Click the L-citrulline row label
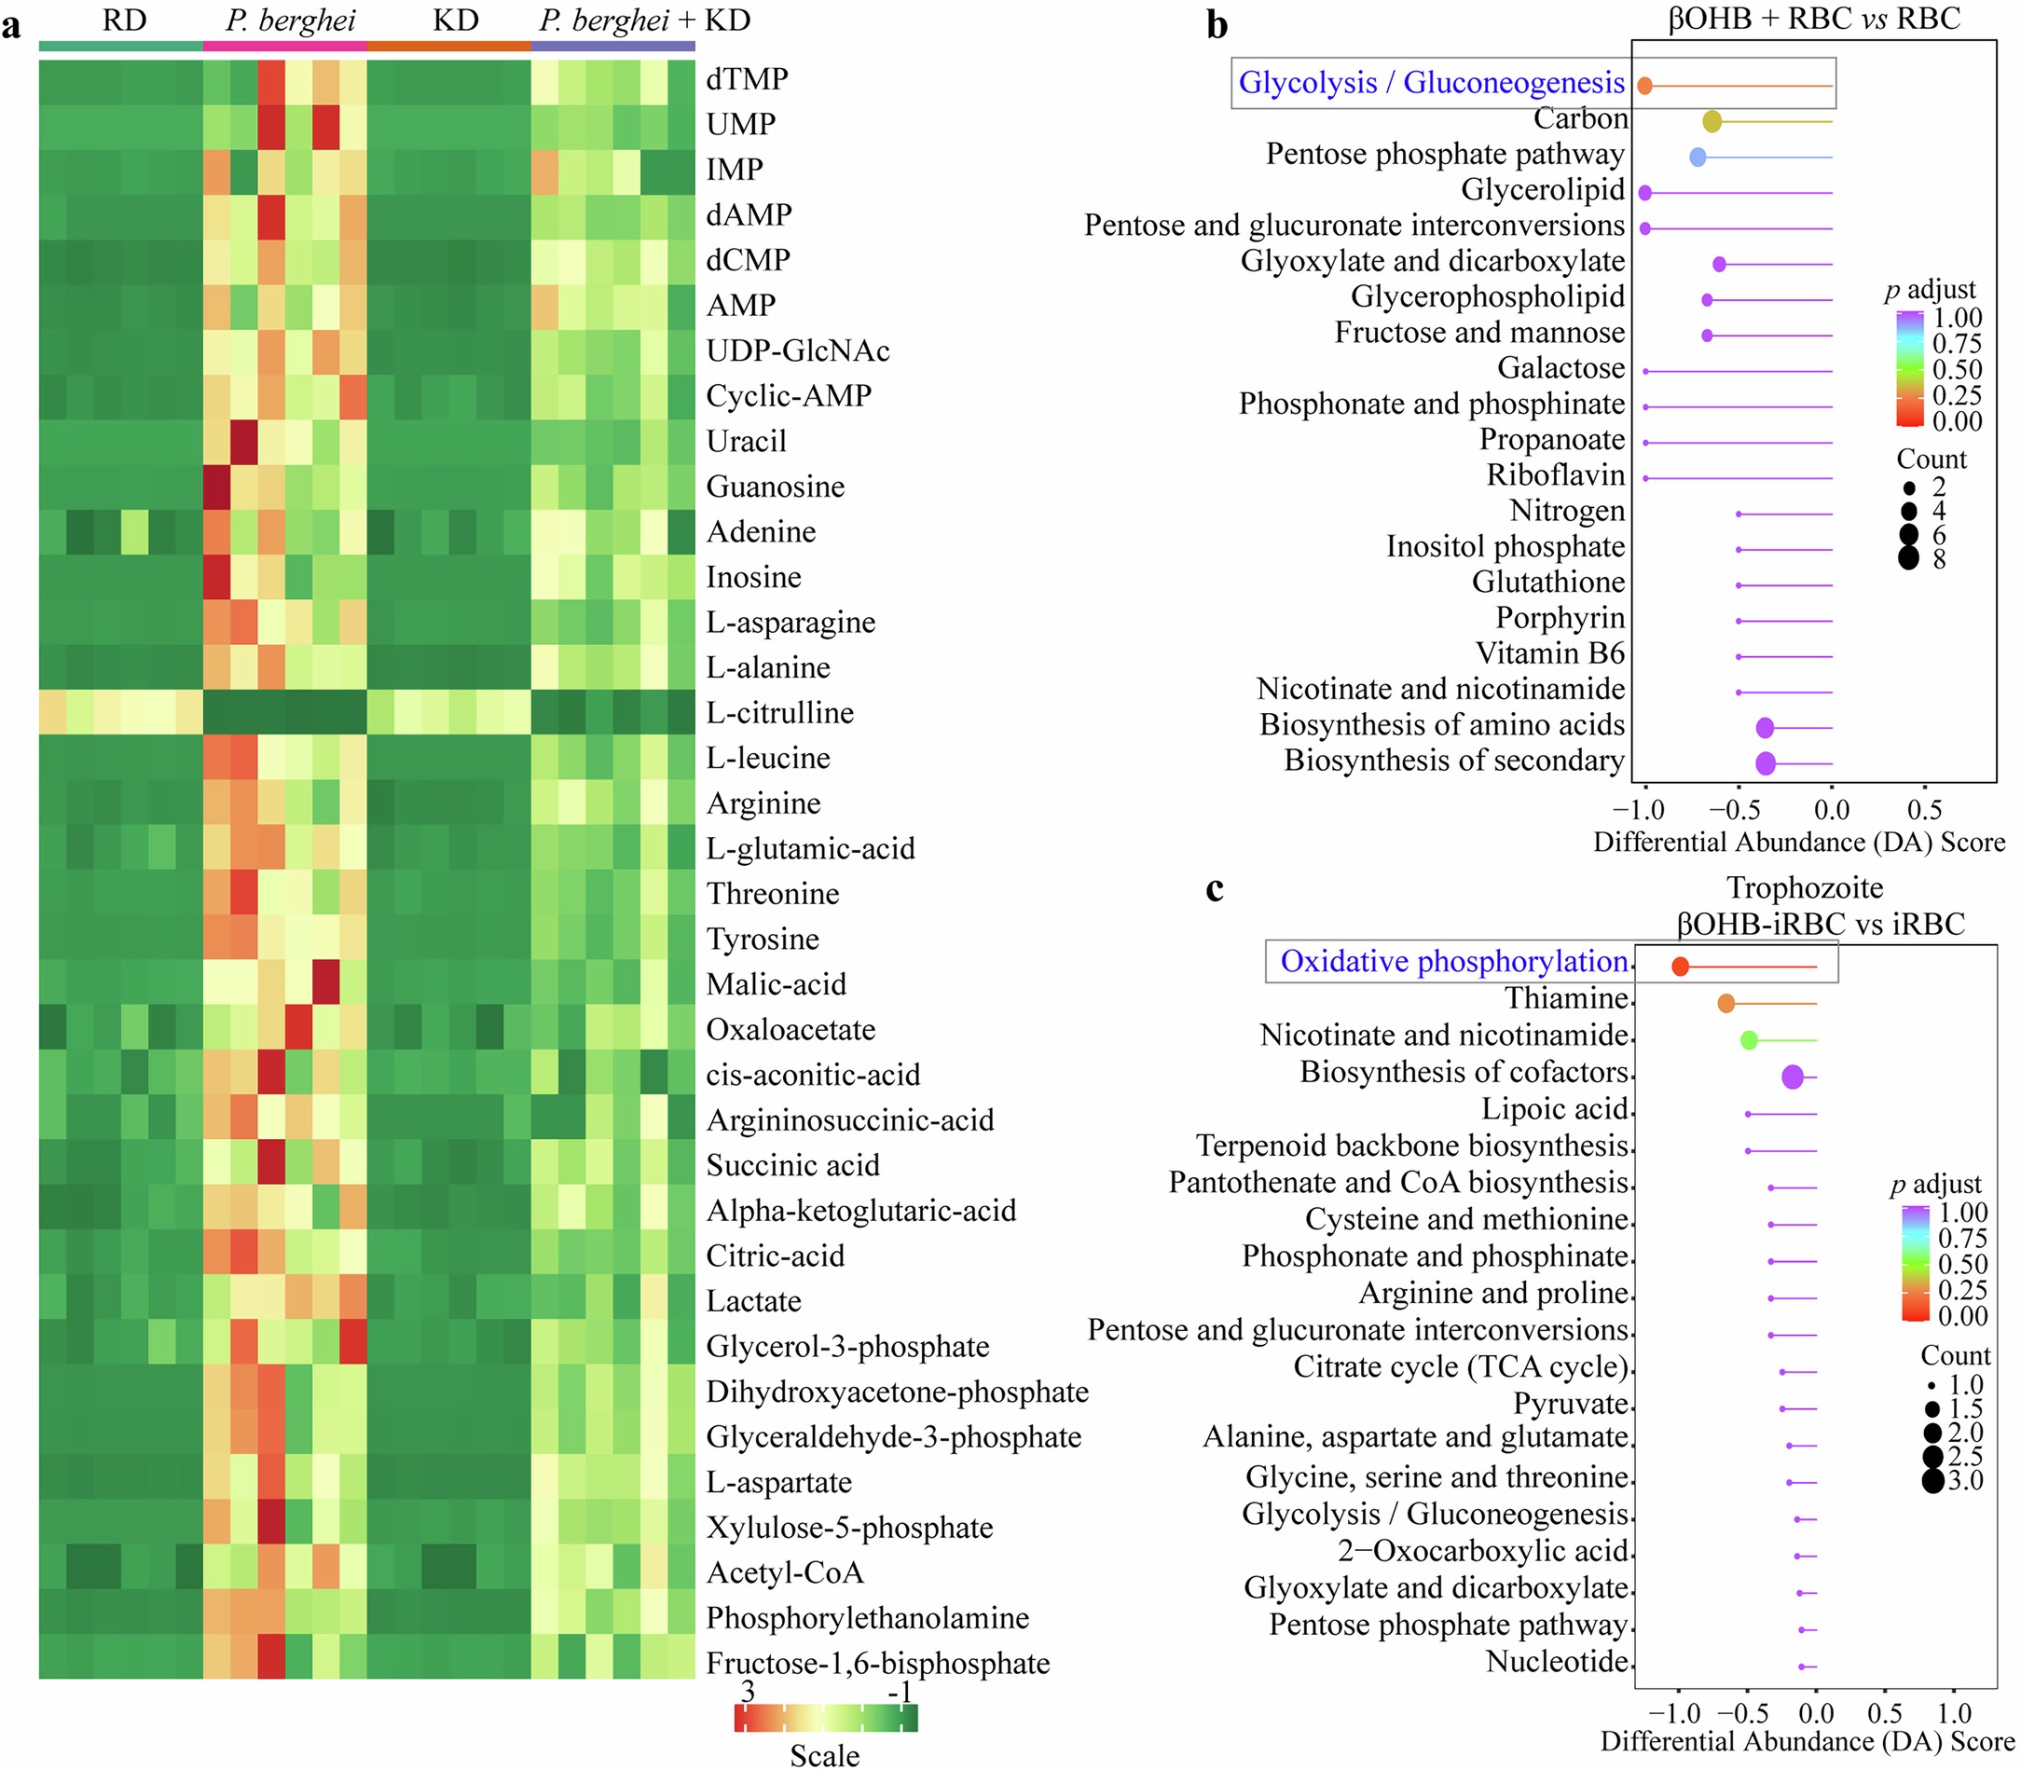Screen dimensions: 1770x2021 point(779,712)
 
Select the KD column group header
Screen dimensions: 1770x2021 point(455,20)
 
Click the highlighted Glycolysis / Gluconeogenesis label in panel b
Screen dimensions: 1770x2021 point(1431,83)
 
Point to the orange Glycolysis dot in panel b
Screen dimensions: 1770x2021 point(1644,86)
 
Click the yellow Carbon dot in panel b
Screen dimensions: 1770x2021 point(1712,121)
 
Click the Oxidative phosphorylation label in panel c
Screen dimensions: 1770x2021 point(1454,961)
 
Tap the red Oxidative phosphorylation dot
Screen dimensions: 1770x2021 point(1680,967)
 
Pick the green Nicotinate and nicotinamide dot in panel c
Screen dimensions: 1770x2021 point(1749,1040)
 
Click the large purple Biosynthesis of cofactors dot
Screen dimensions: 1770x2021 point(1793,1077)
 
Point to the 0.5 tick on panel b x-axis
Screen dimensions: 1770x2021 point(1924,810)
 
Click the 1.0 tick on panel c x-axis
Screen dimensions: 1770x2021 point(1954,1714)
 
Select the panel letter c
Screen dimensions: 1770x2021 point(1215,889)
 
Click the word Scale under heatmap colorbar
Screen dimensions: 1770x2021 point(825,1754)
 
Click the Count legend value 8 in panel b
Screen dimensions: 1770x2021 point(1939,559)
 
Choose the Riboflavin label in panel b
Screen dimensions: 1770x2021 point(1556,475)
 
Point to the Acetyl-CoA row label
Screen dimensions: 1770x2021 point(784,1572)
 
